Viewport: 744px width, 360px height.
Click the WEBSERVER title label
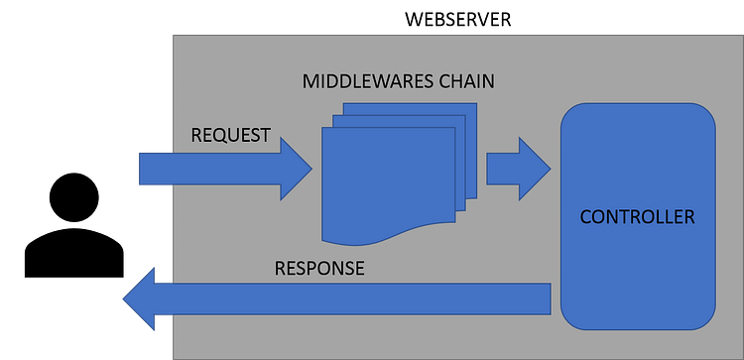point(458,20)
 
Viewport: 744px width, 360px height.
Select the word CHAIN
point(466,81)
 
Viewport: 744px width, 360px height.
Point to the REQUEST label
point(230,135)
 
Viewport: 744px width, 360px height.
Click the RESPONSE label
point(319,269)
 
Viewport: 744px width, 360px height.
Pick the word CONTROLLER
point(637,217)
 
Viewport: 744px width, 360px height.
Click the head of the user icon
point(74,197)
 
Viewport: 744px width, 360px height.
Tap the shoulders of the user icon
point(74,252)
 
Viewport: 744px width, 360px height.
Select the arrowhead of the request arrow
point(296,169)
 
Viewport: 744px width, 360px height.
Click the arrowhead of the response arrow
point(139,299)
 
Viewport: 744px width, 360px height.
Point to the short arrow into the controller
point(519,169)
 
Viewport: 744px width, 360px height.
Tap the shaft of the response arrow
point(352,299)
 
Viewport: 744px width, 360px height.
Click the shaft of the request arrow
point(209,169)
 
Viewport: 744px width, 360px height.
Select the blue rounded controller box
point(638,216)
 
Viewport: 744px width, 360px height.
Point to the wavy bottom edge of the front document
point(389,236)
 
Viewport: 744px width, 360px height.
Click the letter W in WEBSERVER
point(413,20)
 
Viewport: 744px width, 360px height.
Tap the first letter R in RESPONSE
point(280,269)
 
